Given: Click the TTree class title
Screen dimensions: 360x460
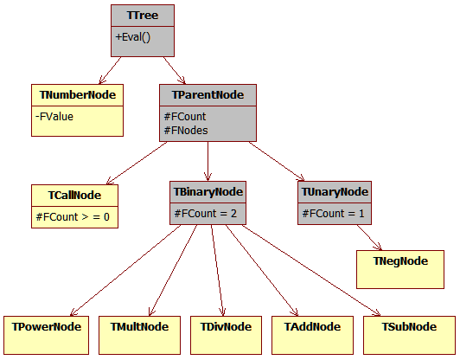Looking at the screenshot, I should point(143,16).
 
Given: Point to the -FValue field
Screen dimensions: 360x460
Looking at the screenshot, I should point(55,115).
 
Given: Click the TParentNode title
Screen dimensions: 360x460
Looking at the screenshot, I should point(208,94).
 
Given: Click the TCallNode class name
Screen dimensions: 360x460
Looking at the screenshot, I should point(73,195).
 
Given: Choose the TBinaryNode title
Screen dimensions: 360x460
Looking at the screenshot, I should point(208,191).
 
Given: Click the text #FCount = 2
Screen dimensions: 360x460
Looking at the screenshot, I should point(204,213).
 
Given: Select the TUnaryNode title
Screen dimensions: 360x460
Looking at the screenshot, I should point(335,191).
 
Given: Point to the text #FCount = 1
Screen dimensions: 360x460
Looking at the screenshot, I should point(332,213).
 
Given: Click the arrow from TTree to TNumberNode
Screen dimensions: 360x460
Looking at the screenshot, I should point(111,70).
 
